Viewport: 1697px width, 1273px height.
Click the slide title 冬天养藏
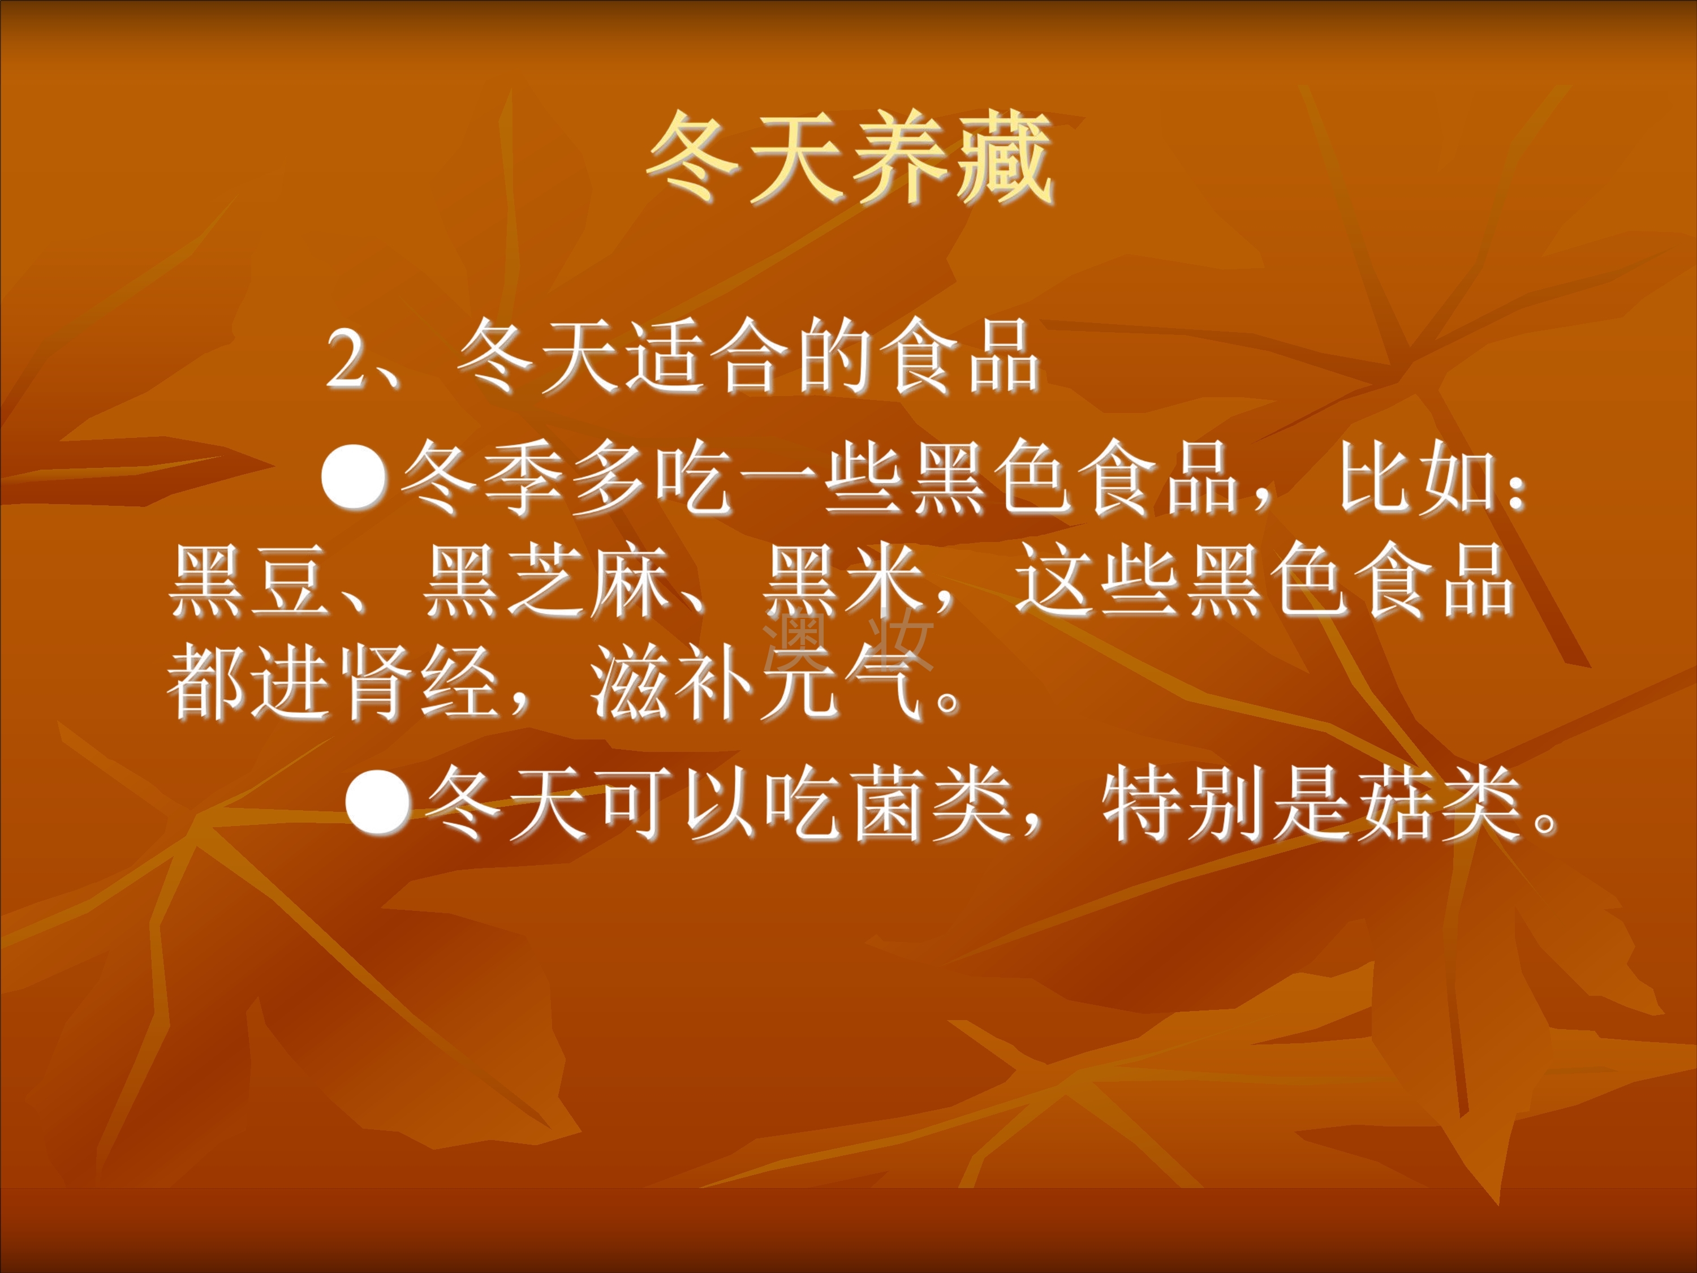(850, 160)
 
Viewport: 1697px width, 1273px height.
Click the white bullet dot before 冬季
(354, 478)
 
